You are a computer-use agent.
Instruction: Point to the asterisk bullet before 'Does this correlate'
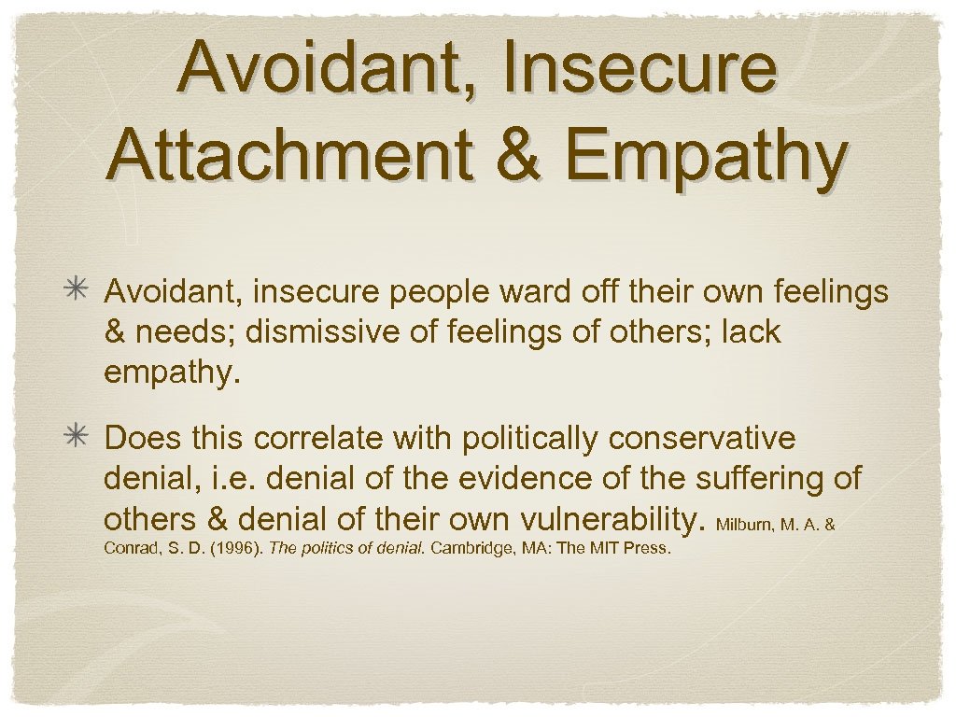click(x=79, y=438)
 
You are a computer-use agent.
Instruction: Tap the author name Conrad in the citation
click(x=126, y=548)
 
